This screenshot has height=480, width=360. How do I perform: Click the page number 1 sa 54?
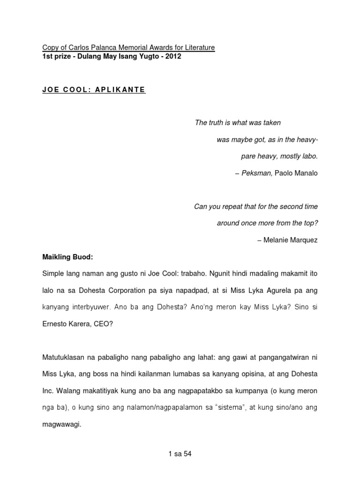coord(180,454)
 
